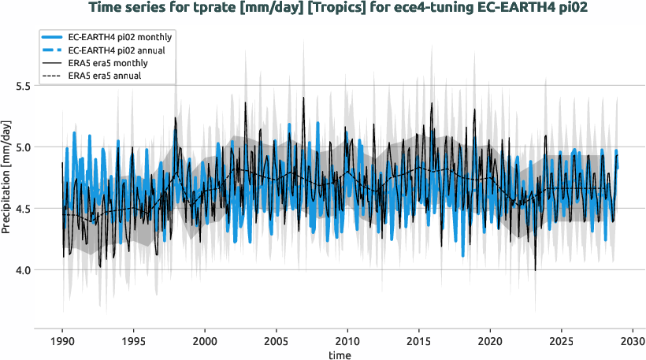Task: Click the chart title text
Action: (x=322, y=9)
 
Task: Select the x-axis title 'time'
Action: (x=340, y=354)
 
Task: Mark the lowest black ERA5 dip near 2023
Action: (x=535, y=269)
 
